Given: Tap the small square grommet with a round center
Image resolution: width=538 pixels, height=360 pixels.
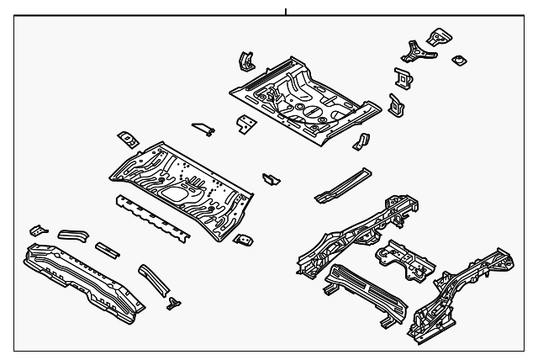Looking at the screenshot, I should [x=458, y=60].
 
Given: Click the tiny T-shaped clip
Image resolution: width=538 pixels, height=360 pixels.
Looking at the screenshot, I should [x=175, y=302].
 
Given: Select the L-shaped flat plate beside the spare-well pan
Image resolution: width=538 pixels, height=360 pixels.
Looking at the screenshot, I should [x=245, y=124].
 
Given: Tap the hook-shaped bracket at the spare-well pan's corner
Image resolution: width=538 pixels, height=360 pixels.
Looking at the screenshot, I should [x=243, y=61].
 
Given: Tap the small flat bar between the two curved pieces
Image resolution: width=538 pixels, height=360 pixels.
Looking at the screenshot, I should [x=107, y=249].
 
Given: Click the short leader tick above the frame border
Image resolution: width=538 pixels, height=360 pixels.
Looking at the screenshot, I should [x=285, y=11].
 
